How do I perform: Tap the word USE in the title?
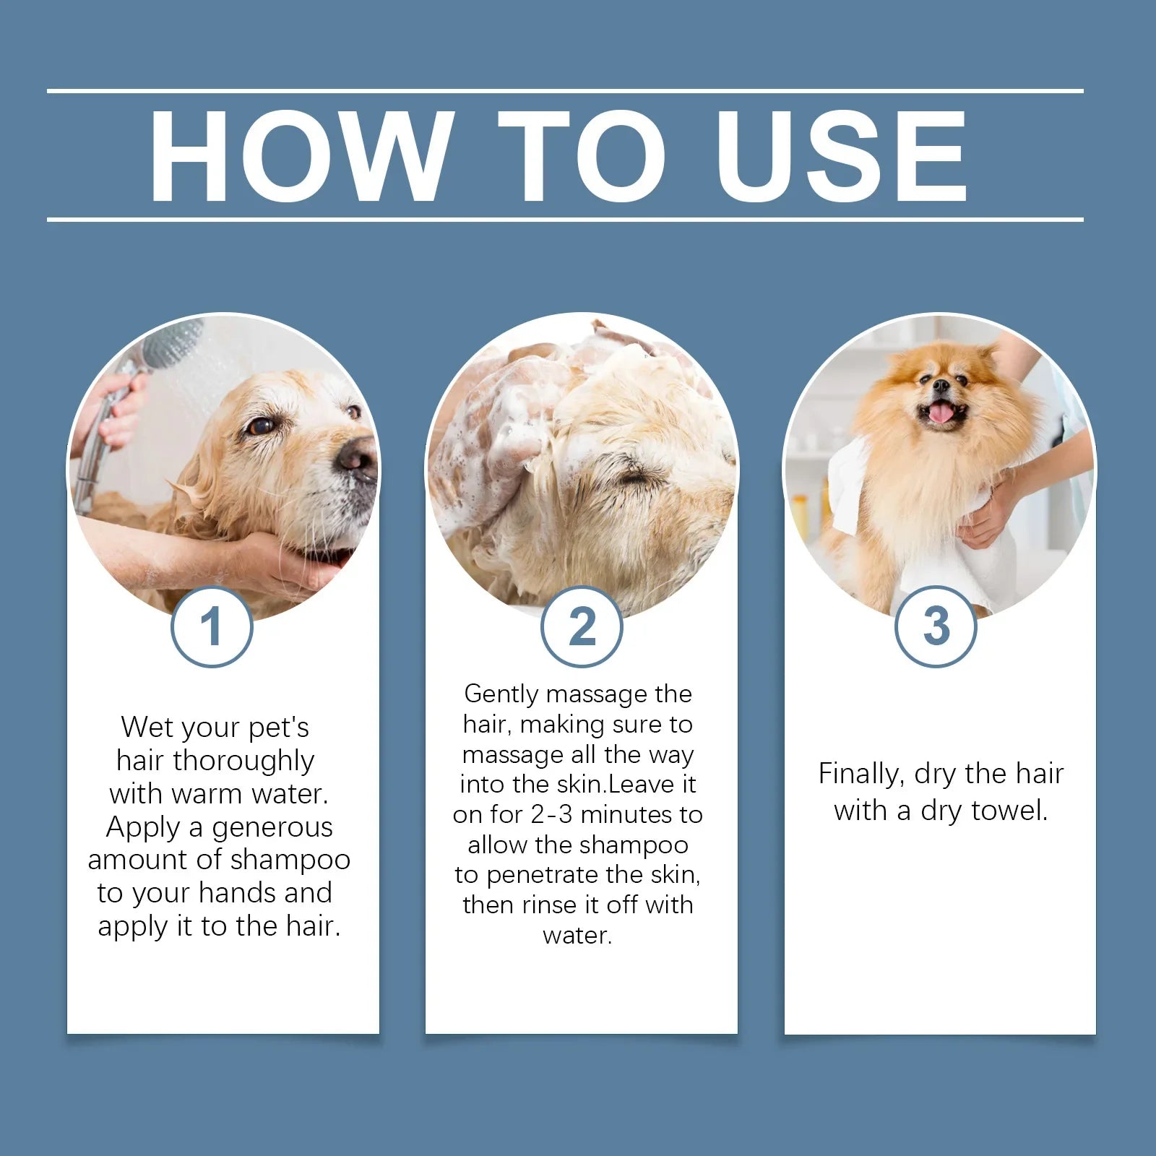tap(842, 155)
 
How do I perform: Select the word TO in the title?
tap(582, 155)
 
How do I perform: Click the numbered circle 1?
tap(212, 626)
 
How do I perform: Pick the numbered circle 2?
tap(582, 626)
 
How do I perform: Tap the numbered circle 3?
tap(936, 626)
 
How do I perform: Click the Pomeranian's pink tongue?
tap(941, 413)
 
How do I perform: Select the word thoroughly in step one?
tap(243, 761)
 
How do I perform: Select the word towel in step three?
tap(1009, 811)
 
